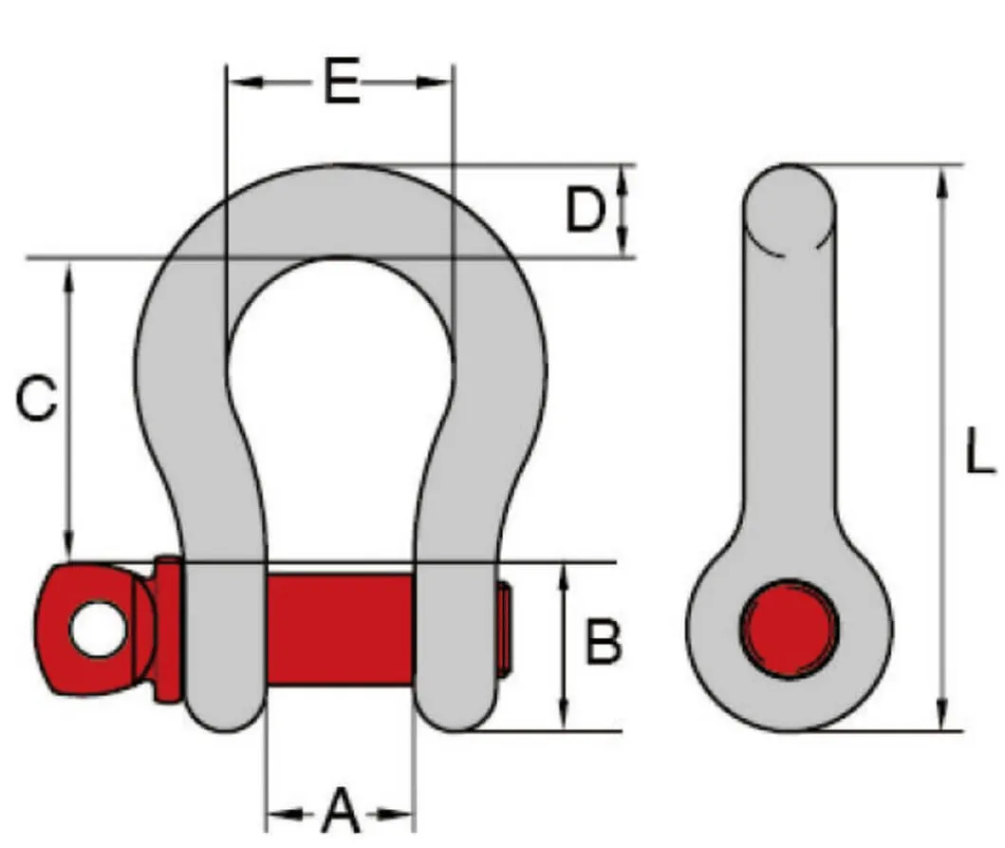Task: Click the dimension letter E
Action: click(342, 84)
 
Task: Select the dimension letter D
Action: click(586, 211)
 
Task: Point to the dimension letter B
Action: click(603, 643)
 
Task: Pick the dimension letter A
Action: click(341, 813)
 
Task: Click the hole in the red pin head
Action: click(97, 630)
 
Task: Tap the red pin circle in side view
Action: click(790, 628)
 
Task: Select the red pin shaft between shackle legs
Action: click(339, 628)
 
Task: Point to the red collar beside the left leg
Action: click(168, 628)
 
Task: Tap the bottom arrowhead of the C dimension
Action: click(67, 549)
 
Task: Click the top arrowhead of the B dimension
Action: click(565, 573)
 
